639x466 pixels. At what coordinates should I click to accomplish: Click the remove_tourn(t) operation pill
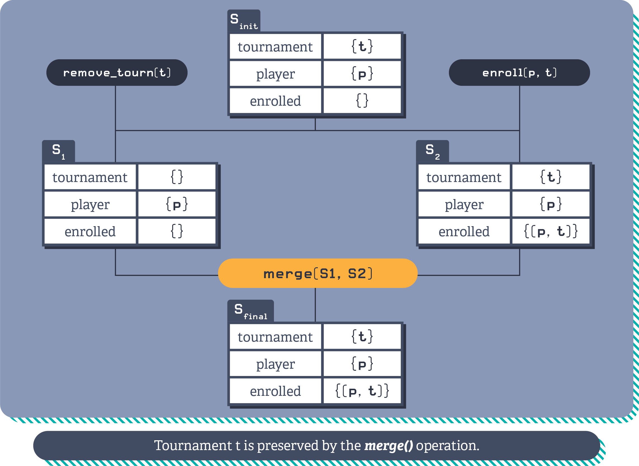click(117, 72)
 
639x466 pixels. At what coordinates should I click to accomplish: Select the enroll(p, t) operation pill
click(519, 72)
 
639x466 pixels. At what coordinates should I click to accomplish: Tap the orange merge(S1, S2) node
click(318, 273)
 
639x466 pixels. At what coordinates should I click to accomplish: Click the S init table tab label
click(244, 21)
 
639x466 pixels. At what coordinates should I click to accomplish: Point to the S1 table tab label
click(58, 152)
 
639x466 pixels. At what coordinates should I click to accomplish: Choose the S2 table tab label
click(432, 152)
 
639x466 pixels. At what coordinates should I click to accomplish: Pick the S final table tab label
click(250, 311)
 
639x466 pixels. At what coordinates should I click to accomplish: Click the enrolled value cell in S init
click(362, 101)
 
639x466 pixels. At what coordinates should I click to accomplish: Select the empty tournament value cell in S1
click(177, 177)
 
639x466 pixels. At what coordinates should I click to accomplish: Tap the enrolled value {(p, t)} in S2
click(550, 231)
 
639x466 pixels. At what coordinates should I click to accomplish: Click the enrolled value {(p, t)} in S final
click(362, 391)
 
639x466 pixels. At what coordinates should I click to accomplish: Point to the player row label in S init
click(275, 74)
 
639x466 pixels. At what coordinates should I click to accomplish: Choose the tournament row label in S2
click(464, 177)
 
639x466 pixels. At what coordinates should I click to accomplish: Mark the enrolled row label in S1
click(90, 231)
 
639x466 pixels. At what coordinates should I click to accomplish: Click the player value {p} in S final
click(362, 364)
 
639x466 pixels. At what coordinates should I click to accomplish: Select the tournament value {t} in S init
click(362, 46)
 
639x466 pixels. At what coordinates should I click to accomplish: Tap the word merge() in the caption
click(388, 446)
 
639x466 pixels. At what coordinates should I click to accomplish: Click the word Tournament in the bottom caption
click(193, 446)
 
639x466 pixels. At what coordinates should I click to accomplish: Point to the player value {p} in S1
click(177, 204)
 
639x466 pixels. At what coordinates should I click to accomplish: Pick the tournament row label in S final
click(275, 337)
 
